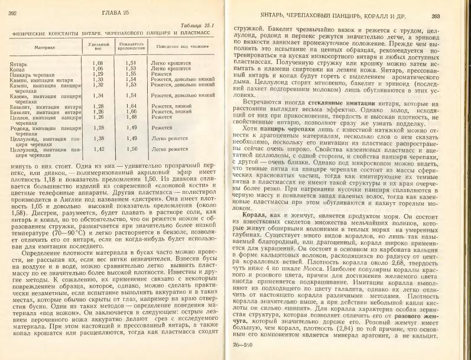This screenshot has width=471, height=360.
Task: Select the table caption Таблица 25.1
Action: [x=200, y=24]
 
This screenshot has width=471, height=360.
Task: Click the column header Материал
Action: [x=41, y=46]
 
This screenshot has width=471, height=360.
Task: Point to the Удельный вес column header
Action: [x=98, y=46]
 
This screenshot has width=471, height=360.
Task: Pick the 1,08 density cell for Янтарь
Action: [x=98, y=62]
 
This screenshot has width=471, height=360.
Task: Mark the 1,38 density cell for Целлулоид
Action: [x=98, y=138]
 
